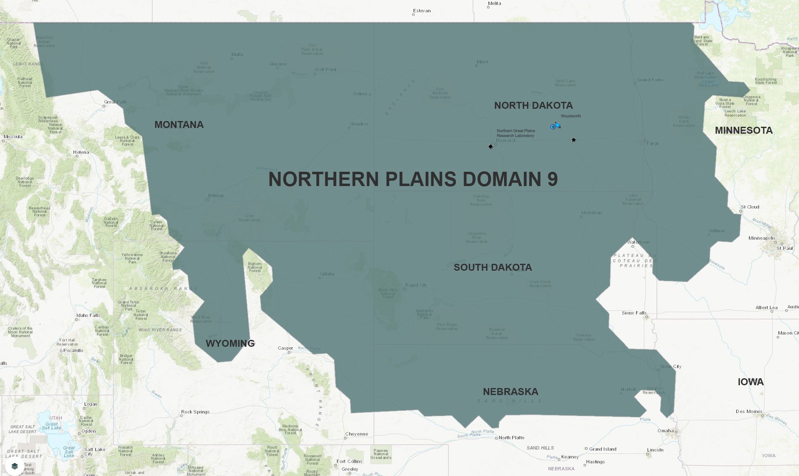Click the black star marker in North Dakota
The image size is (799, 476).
click(573, 140)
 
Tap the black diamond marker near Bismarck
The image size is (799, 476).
click(490, 146)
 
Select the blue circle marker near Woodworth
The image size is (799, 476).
click(553, 127)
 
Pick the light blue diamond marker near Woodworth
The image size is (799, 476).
click(558, 125)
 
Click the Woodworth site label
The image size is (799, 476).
click(571, 116)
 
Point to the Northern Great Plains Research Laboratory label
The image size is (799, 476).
click(516, 133)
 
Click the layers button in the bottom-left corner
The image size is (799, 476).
click(14, 466)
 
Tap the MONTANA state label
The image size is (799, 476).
click(179, 125)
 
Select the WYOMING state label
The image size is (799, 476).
click(230, 344)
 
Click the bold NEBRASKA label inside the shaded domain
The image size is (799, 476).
click(511, 392)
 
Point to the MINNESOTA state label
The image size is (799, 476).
click(743, 131)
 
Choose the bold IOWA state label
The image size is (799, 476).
click(751, 382)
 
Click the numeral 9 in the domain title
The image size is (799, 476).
click(553, 179)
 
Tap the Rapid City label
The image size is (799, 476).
click(416, 285)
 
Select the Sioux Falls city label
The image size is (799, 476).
click(634, 313)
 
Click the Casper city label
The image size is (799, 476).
click(285, 348)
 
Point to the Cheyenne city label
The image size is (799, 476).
click(356, 434)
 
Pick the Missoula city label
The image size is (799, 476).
click(13, 137)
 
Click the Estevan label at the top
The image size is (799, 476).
click(422, 11)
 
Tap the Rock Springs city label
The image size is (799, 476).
click(195, 412)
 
